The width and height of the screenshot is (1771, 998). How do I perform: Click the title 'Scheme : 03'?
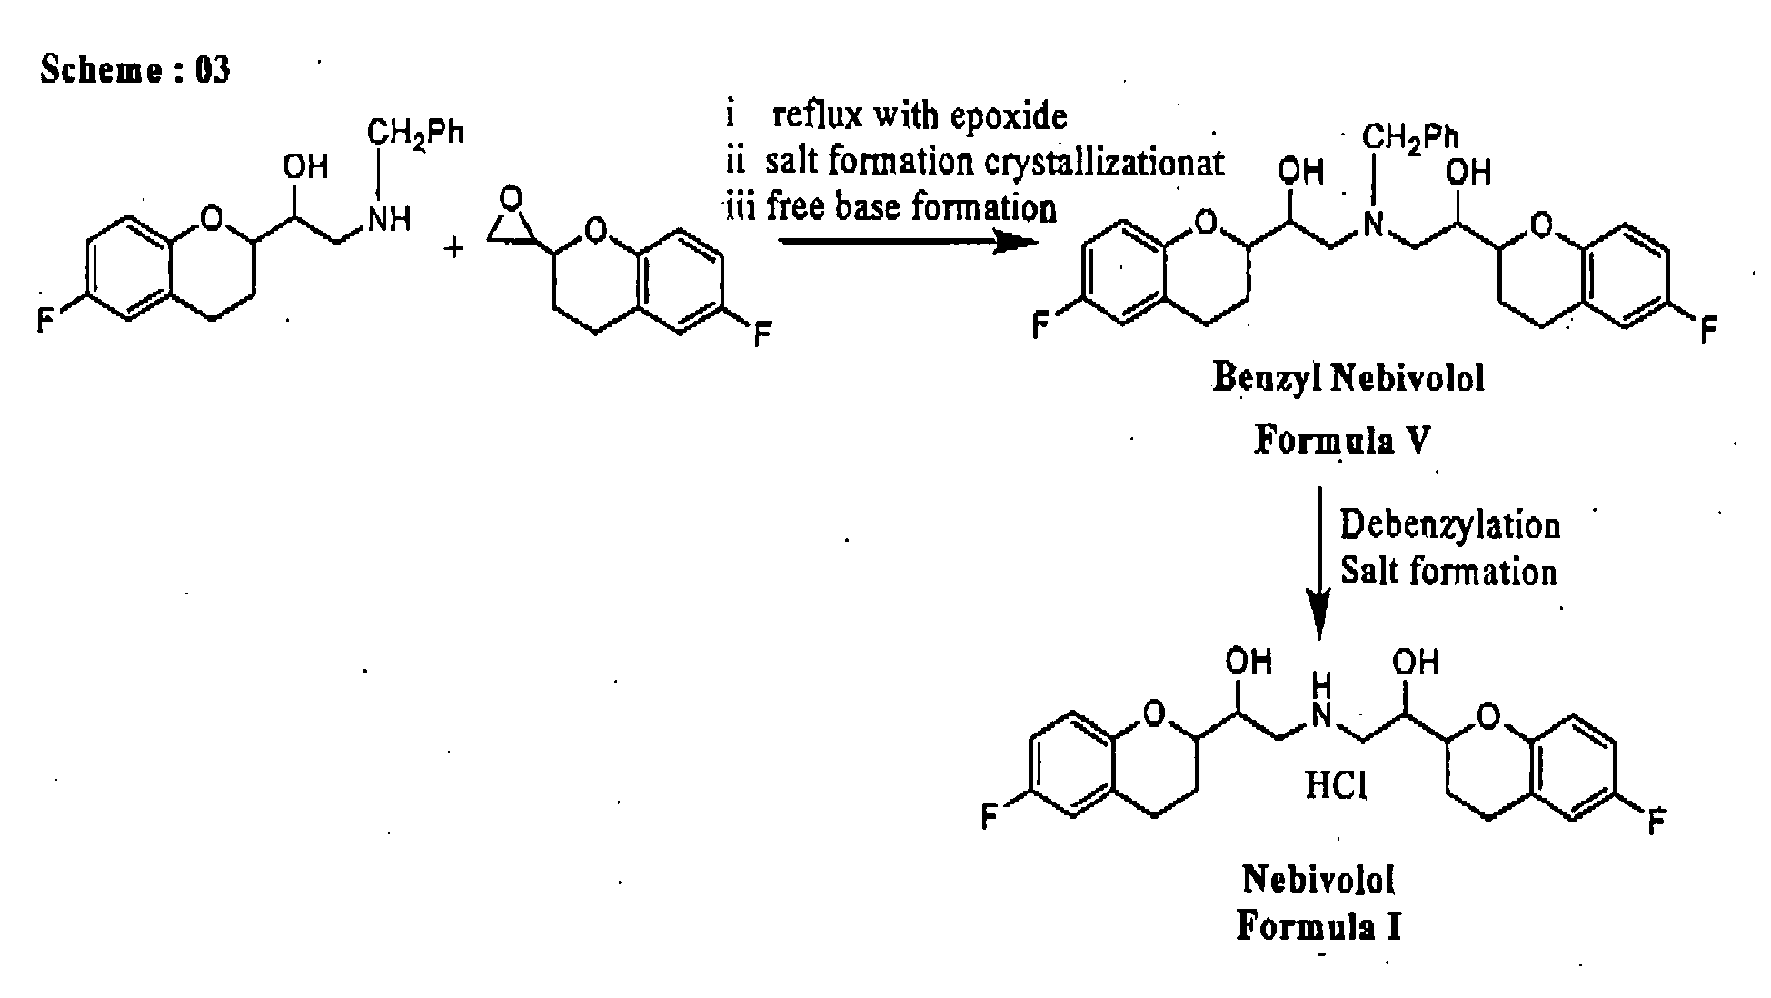pos(134,70)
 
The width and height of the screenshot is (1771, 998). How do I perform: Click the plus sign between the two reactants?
pos(453,246)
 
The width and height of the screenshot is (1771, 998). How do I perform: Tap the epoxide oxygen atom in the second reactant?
pos(512,198)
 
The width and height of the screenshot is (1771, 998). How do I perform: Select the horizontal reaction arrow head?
pos(1016,242)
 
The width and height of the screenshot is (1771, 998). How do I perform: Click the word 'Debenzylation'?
pos(1450,525)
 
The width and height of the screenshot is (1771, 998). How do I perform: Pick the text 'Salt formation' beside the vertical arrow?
pos(1448,572)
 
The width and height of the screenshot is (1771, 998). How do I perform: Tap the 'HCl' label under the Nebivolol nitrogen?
pos(1336,784)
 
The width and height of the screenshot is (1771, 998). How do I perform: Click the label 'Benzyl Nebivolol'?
pos(1348,377)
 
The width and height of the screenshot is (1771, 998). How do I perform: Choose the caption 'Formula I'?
pos(1318,926)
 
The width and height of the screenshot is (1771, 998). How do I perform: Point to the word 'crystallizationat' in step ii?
pos(1107,163)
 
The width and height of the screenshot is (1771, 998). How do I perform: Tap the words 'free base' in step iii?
pos(834,207)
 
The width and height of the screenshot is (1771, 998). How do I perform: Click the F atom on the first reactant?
pos(45,321)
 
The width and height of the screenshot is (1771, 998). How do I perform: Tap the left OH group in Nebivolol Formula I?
pos(1249,661)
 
